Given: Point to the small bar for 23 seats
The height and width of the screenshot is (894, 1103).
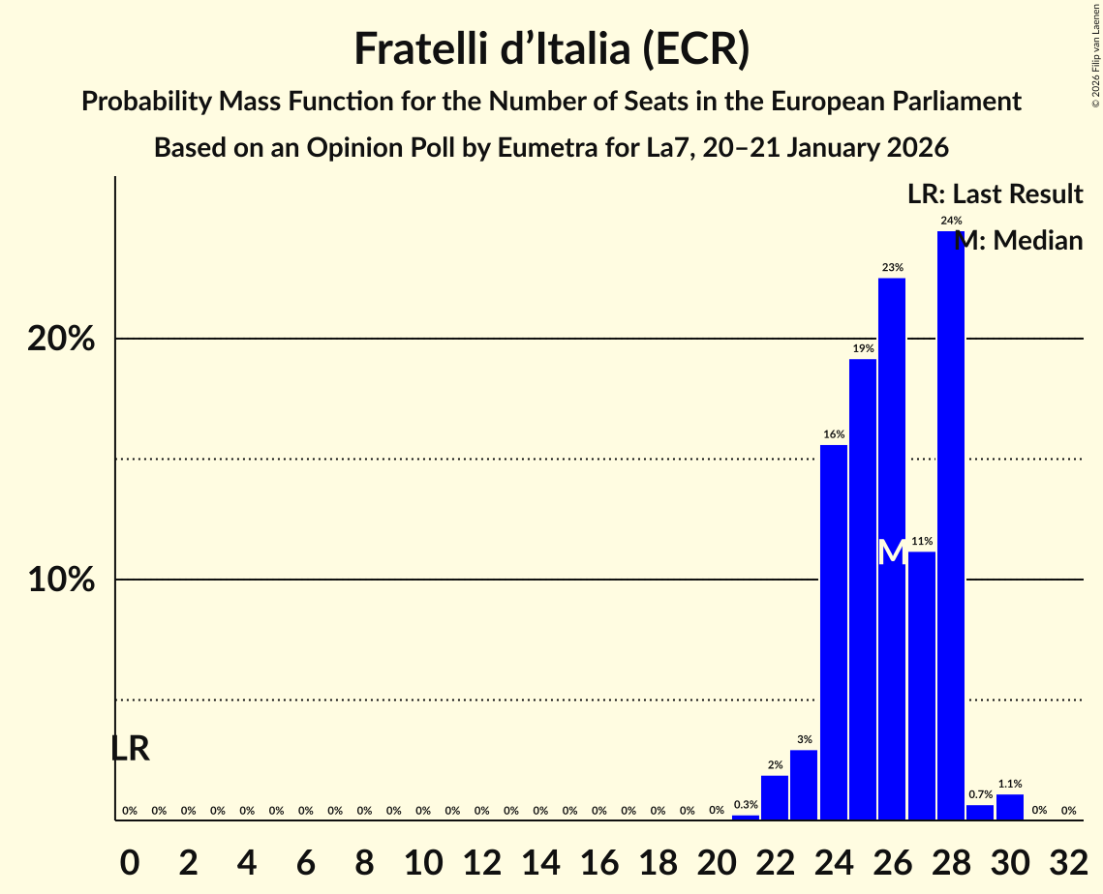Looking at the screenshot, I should [804, 785].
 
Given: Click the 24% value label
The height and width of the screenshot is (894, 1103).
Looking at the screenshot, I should [951, 221].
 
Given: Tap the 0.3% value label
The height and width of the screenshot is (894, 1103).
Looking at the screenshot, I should [746, 804].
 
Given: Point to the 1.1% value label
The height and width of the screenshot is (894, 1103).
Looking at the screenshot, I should [1010, 784].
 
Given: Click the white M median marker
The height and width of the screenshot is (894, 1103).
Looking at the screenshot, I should [892, 552].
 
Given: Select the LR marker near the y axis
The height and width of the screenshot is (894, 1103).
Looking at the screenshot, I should [130, 748].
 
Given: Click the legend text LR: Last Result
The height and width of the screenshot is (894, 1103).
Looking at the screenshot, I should [995, 194].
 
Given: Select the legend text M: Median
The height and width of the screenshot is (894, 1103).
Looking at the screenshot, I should [1019, 240].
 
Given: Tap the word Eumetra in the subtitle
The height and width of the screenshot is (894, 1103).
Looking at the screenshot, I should [544, 148].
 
